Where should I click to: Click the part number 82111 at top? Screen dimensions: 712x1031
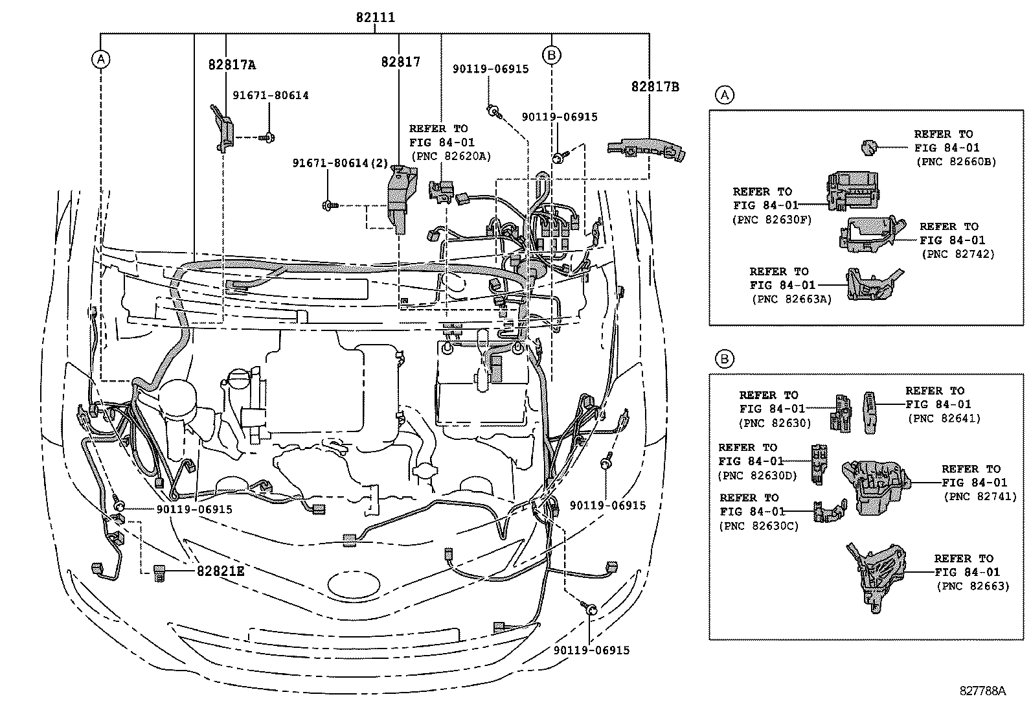tap(375, 18)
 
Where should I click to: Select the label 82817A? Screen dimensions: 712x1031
tap(231, 65)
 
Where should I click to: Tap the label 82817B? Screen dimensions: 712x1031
tap(655, 86)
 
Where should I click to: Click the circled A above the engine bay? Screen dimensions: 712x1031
tap(100, 60)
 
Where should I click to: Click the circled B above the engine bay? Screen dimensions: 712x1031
tap(551, 55)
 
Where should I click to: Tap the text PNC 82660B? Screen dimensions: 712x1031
tap(956, 162)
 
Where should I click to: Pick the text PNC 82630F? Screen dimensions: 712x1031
tap(771, 220)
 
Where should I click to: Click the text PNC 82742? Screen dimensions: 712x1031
tap(957, 254)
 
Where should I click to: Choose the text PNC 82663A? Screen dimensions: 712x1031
tap(791, 299)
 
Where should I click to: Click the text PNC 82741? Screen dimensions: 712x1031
tap(980, 496)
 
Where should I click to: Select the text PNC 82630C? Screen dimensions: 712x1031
tap(758, 525)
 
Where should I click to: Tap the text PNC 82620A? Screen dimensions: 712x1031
tap(451, 156)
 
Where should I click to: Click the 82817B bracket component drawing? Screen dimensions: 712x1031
tap(648, 149)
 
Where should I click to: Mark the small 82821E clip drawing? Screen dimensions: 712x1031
tap(159, 573)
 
